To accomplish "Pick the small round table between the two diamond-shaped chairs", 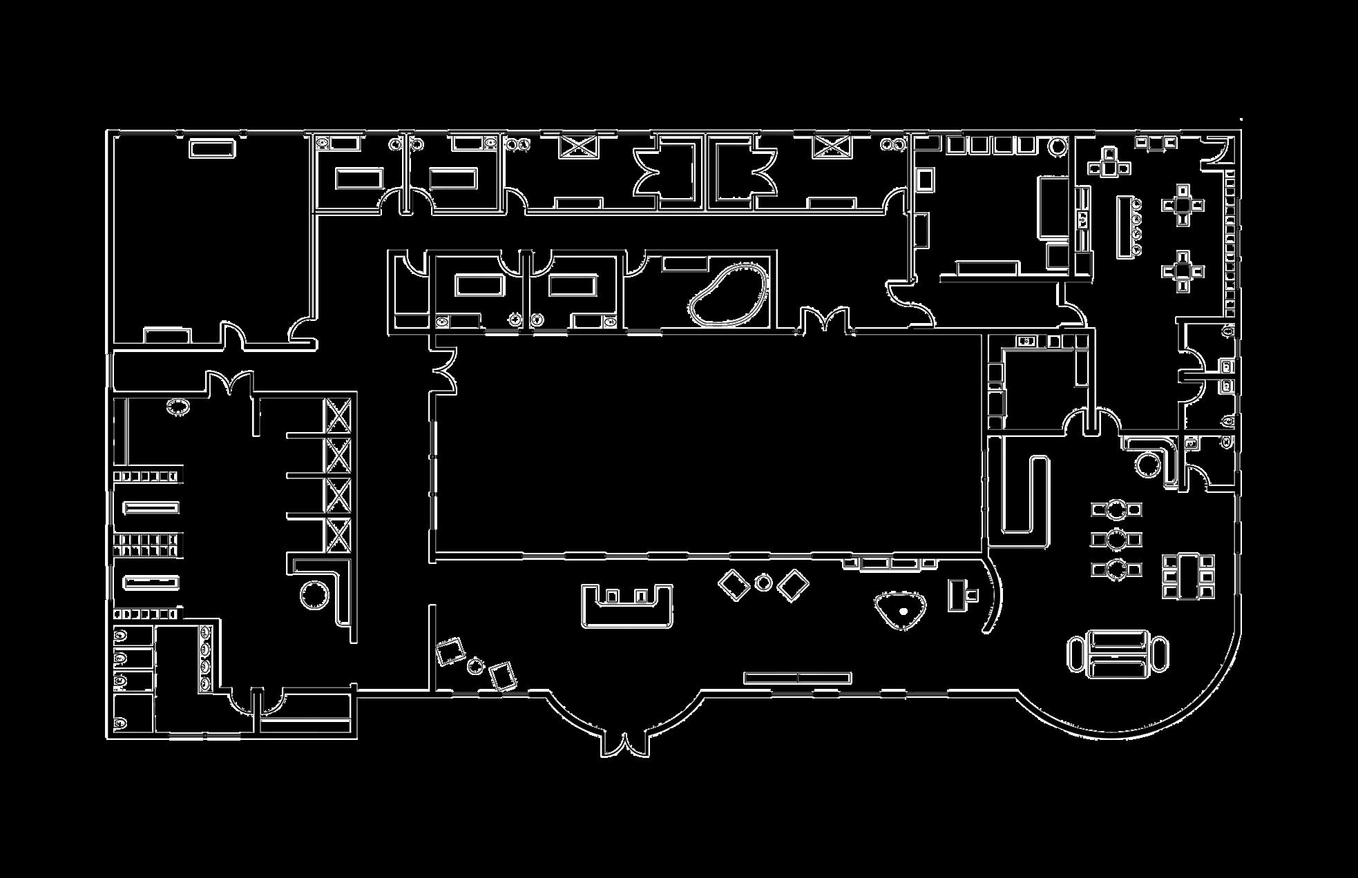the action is pyautogui.click(x=763, y=583).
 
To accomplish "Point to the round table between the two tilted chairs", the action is pyautogui.click(x=475, y=666).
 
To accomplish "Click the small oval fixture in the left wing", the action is pyautogui.click(x=178, y=406).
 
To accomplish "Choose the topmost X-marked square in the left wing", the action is pyautogui.click(x=338, y=416).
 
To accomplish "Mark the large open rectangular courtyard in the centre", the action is pyautogui.click(x=708, y=445).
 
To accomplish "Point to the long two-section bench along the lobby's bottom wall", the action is pyautogui.click(x=797, y=679).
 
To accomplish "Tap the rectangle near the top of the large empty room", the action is pyautogui.click(x=212, y=148).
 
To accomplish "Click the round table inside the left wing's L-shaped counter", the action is pyautogui.click(x=315, y=594).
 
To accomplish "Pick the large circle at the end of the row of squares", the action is pyautogui.click(x=1057, y=146).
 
